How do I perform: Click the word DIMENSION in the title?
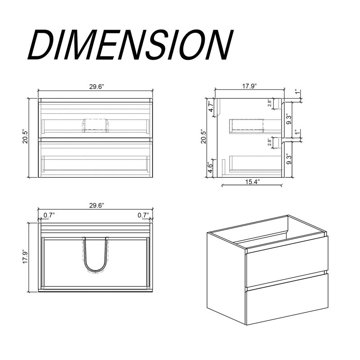[x=130, y=45]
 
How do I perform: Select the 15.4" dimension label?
[x=252, y=182]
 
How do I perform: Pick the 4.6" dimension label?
[x=210, y=168]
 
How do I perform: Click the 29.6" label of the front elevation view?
[x=97, y=87]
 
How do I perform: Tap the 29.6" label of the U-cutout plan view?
[x=97, y=205]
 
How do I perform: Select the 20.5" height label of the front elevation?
[x=25, y=137]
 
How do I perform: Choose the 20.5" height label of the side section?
[x=204, y=137]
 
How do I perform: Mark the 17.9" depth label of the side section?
[x=249, y=86]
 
